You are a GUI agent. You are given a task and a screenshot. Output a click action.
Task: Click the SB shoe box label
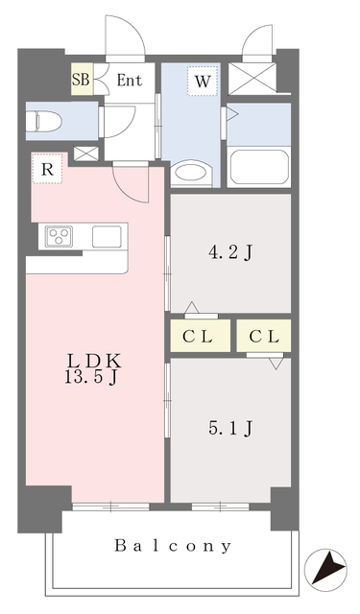[x=81, y=81]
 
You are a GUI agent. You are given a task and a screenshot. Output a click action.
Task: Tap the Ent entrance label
[x=130, y=81]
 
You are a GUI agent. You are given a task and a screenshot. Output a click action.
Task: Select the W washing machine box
[x=203, y=82]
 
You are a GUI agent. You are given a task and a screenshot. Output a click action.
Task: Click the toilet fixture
[x=48, y=122]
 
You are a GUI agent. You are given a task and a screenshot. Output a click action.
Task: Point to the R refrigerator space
[x=46, y=169]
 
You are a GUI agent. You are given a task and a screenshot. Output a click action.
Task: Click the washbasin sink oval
[x=190, y=174]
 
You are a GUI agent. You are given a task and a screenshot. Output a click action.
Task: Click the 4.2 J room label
[x=230, y=254]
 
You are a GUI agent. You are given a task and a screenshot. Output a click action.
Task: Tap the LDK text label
[x=93, y=361]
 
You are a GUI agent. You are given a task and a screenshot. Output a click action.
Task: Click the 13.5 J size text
[x=93, y=378]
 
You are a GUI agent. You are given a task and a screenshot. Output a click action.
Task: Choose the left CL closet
[x=199, y=336]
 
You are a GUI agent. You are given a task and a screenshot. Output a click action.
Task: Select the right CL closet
[x=264, y=336]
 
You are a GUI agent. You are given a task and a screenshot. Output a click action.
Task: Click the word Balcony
[x=174, y=546]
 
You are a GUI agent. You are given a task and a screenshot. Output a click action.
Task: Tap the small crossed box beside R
[x=85, y=152]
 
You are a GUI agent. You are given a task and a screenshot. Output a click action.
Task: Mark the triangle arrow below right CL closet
[x=276, y=364]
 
